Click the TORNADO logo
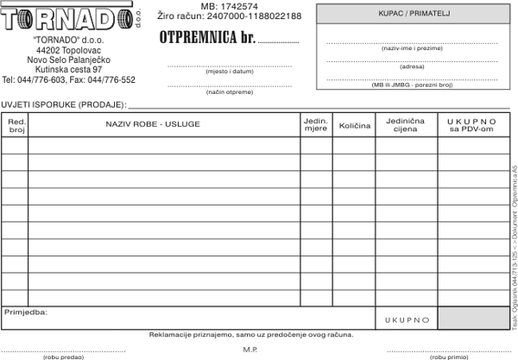coord(69,19)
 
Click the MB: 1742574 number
coord(229,6)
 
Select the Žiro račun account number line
coord(231,16)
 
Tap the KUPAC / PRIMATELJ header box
coord(408,14)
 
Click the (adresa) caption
coord(412,66)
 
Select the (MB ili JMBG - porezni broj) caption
coord(412,85)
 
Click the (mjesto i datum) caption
coord(229,72)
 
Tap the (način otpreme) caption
coord(229,92)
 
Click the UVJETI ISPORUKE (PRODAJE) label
coord(63,104)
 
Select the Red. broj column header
coord(16,125)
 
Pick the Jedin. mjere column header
coord(316,125)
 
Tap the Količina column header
coord(354,126)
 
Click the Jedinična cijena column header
coord(406,125)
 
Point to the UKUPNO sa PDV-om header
coord(471,125)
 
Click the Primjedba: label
coord(26,312)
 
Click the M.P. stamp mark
coord(251,349)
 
